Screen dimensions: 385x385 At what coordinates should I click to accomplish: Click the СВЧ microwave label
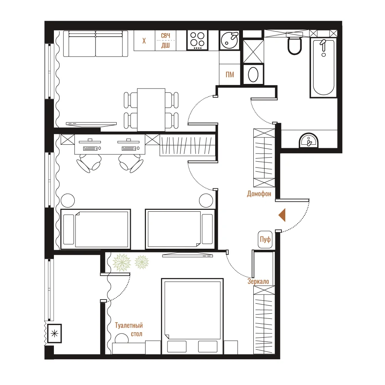[x=166, y=35]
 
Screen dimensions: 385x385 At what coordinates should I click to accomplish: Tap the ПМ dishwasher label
[x=230, y=74]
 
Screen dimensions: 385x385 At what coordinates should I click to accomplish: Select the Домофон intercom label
[x=259, y=194]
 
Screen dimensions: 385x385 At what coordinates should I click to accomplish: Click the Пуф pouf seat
[x=265, y=239]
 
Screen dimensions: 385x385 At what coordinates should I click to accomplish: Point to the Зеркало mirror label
[x=258, y=281]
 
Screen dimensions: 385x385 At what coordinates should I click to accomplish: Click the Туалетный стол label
[x=129, y=330]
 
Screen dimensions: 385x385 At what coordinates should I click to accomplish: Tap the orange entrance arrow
[x=282, y=215]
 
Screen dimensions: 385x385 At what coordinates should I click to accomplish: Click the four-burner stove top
[x=198, y=40]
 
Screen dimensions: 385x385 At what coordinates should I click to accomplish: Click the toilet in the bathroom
[x=295, y=45]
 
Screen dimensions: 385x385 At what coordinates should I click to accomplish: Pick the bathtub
[x=323, y=67]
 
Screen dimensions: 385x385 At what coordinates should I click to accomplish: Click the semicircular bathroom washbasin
[x=308, y=141]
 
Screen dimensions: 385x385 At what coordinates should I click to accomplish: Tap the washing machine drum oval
[x=253, y=74]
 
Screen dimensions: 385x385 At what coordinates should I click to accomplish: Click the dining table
[x=151, y=110]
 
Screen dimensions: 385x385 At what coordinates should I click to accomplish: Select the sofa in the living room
[x=95, y=44]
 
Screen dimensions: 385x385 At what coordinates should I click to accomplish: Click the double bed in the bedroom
[x=192, y=316]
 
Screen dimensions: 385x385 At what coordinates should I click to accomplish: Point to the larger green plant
[x=122, y=263]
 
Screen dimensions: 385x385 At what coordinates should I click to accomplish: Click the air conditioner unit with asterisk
[x=54, y=333]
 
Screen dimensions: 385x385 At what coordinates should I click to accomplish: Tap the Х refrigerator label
[x=144, y=41]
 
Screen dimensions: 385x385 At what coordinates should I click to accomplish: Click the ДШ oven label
[x=166, y=45]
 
